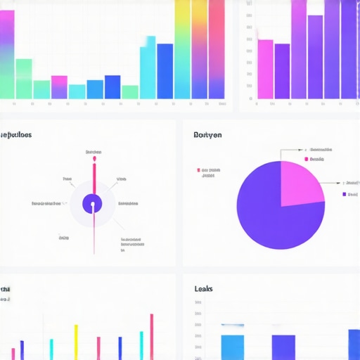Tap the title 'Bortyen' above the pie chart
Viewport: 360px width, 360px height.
point(208,135)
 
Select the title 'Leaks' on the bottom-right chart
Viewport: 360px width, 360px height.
point(203,289)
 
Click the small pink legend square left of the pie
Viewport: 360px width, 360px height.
point(199,170)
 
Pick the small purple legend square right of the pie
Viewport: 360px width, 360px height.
point(345,193)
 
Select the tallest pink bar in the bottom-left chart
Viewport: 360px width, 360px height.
point(151,336)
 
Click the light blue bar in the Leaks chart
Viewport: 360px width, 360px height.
point(232,347)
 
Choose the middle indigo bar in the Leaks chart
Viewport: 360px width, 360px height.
point(283,347)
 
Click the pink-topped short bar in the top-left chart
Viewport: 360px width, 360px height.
point(60,86)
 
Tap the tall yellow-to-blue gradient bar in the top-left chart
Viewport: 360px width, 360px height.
point(182,49)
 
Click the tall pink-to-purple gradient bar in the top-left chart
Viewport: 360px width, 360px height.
point(216,49)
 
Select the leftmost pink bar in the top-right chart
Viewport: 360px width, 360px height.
point(265,68)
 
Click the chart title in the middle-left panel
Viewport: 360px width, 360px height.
point(15,135)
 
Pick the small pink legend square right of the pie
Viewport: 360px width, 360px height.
point(307,160)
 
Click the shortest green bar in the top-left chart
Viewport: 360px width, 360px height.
point(130,91)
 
